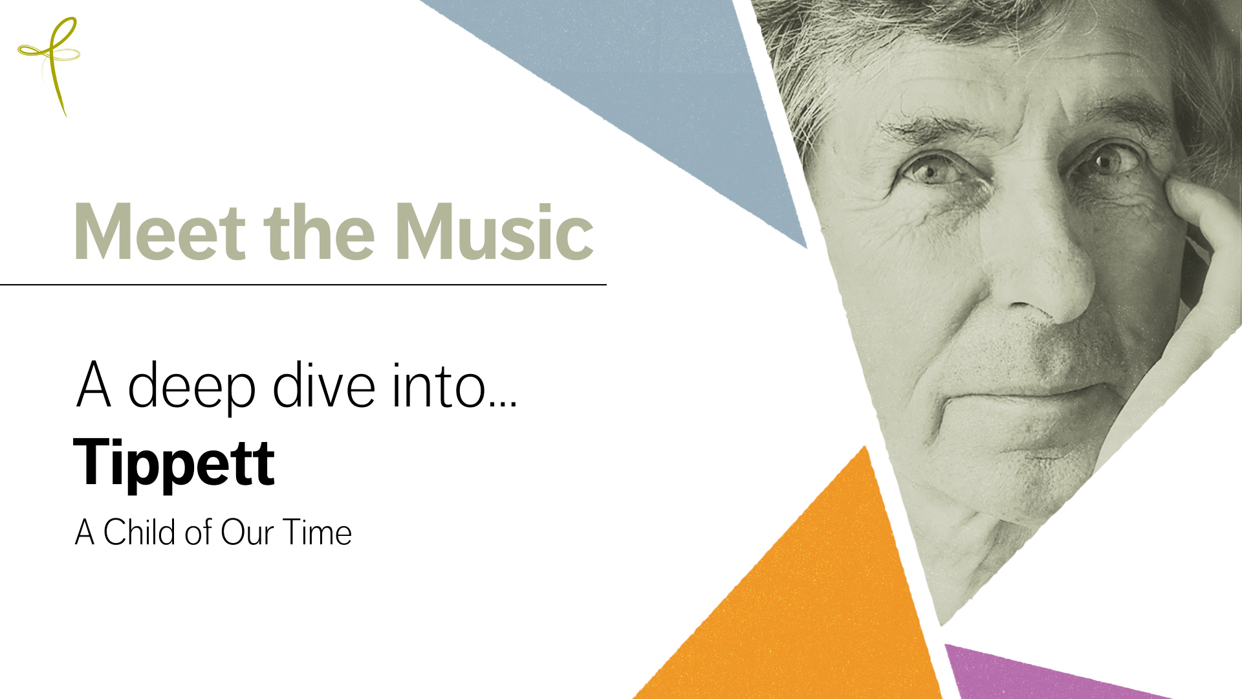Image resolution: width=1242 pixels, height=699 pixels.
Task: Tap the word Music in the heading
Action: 494,232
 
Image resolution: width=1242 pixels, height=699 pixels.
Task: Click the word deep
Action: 191,386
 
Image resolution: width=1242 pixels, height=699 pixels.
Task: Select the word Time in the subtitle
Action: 317,532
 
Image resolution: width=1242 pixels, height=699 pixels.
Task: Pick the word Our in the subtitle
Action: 247,533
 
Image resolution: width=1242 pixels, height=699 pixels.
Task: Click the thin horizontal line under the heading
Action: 303,284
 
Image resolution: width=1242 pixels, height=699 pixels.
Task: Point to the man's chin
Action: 1009,479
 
